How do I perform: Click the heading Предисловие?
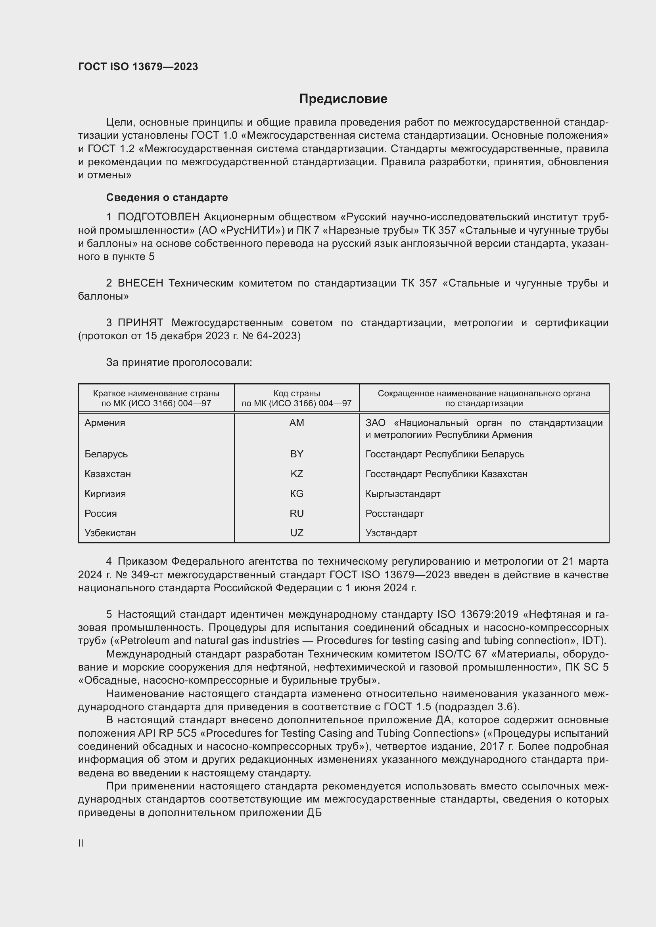pyautogui.click(x=343, y=99)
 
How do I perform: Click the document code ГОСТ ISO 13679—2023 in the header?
pyautogui.click(x=138, y=67)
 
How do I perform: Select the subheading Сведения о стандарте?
pyautogui.click(x=167, y=197)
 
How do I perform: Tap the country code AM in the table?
pyautogui.click(x=297, y=423)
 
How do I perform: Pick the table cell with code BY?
pyautogui.click(x=297, y=454)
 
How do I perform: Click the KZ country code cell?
pyautogui.click(x=297, y=474)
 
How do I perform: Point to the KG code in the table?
pyautogui.click(x=297, y=493)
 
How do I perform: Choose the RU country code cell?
pyautogui.click(x=297, y=513)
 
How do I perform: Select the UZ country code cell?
pyautogui.click(x=297, y=533)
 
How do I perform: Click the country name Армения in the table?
pyautogui.click(x=105, y=423)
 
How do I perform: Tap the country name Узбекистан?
pyautogui.click(x=110, y=533)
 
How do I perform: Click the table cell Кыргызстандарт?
pyautogui.click(x=403, y=493)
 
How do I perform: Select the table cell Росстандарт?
pyautogui.click(x=394, y=513)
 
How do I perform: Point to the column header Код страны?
pyautogui.click(x=297, y=393)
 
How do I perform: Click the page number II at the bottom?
pyautogui.click(x=81, y=843)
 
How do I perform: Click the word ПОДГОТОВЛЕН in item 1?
pyautogui.click(x=158, y=217)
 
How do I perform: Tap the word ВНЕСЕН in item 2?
pyautogui.click(x=140, y=283)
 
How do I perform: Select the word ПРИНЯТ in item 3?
pyautogui.click(x=140, y=323)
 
